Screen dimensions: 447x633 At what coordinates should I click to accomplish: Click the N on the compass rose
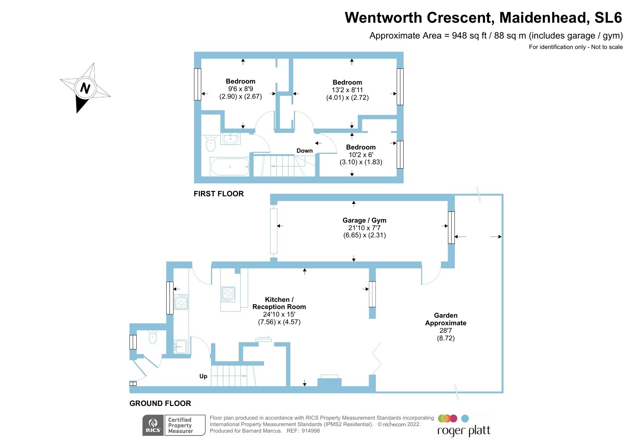tap(85, 88)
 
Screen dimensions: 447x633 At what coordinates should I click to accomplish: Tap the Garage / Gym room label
tap(364, 220)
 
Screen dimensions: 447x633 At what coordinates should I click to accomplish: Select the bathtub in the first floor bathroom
tap(230, 167)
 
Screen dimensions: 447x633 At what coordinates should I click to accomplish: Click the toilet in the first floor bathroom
tap(211, 144)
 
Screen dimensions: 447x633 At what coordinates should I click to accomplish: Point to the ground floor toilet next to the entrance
tap(153, 337)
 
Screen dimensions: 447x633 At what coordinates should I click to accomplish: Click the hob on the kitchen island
tap(228, 294)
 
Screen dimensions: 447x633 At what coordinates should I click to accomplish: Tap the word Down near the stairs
tap(304, 151)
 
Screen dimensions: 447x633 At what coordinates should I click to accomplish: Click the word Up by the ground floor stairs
tap(203, 376)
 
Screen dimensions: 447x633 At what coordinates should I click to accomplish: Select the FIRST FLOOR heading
tap(219, 194)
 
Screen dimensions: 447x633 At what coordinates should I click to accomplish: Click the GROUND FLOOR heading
tap(160, 403)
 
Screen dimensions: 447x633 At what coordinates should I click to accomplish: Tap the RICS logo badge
tap(153, 425)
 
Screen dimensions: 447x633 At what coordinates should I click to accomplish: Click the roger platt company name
tap(464, 431)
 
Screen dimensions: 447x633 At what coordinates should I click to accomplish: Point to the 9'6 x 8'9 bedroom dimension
tap(241, 89)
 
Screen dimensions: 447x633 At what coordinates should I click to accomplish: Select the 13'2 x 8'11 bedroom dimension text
tap(347, 90)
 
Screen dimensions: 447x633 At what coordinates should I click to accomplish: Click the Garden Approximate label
tap(445, 319)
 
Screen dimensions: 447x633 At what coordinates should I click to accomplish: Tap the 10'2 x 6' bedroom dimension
tap(361, 155)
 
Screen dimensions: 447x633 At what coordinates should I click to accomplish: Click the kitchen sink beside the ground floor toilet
tap(180, 347)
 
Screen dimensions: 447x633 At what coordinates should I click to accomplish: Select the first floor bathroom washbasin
tap(230, 138)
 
